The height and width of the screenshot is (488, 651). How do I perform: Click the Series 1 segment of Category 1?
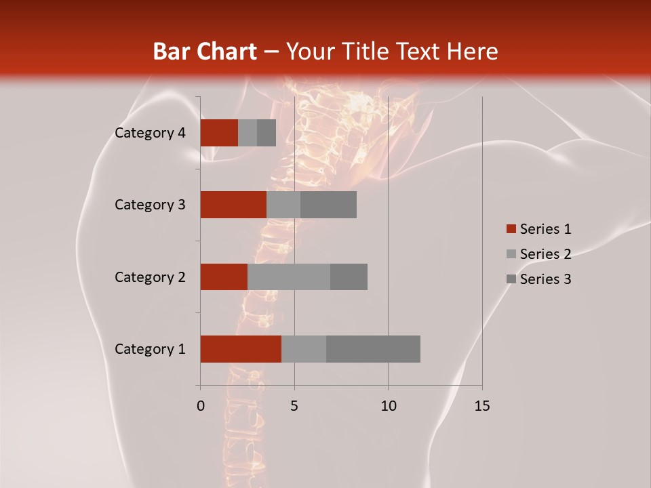241,349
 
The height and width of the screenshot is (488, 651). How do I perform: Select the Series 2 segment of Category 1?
304,349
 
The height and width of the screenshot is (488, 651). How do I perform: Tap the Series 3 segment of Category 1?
373,349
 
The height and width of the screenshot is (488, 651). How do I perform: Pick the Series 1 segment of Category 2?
224,277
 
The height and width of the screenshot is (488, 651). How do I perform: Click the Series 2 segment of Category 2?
289,277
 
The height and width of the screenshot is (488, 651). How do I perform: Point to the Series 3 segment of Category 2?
349,277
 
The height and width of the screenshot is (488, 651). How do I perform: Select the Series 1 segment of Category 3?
233,205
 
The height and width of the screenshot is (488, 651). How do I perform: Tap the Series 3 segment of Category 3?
328,205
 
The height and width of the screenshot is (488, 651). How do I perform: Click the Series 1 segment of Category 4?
219,133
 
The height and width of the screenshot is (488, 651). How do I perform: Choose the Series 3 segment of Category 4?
267,133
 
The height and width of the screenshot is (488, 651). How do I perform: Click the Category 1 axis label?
150,349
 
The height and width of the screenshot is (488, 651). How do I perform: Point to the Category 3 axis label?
150,205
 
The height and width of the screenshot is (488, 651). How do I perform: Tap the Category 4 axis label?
150,133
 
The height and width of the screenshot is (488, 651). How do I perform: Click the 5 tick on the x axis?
294,406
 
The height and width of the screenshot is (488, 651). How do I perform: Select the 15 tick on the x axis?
481,406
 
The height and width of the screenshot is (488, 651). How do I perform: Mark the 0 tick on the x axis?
201,406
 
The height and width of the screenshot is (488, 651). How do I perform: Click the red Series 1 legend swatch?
511,229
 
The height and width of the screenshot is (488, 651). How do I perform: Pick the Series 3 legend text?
545,279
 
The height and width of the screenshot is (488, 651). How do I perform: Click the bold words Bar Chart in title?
204,52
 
